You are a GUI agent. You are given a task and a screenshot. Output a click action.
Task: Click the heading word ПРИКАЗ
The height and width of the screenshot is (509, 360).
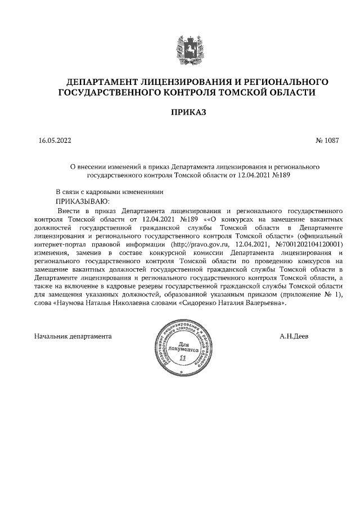188,112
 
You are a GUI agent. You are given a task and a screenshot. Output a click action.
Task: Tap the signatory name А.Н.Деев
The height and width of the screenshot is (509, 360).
293,336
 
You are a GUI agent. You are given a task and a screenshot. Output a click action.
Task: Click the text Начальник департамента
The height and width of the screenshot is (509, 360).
73,336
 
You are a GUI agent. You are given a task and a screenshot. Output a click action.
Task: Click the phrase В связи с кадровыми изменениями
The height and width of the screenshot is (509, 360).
109,191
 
